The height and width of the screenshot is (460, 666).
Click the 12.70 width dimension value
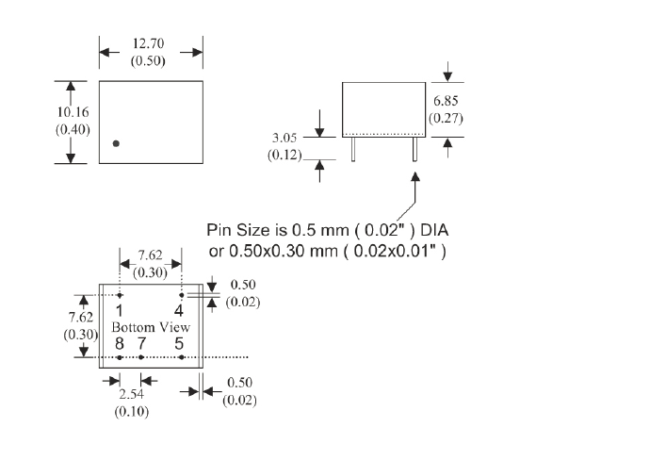click(151, 44)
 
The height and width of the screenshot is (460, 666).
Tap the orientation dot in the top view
click(116, 143)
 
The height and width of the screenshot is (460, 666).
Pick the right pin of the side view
click(414, 149)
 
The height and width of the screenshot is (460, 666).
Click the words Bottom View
click(151, 327)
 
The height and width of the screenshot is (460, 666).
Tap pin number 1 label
click(120, 309)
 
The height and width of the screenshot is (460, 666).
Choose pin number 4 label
click(179, 309)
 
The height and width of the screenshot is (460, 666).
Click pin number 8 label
click(120, 343)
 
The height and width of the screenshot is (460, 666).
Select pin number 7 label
click(140, 343)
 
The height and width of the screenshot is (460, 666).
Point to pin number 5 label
click(179, 343)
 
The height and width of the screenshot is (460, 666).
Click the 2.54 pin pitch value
click(130, 397)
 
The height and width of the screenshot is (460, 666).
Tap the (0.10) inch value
click(130, 412)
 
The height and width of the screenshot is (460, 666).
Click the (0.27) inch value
click(446, 118)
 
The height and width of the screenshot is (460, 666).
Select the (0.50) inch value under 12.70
click(151, 61)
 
